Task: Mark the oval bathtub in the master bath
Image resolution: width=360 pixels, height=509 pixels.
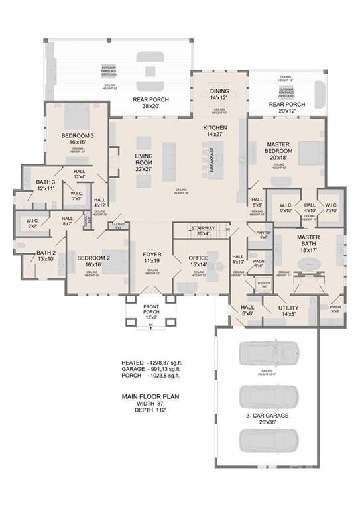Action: [x=308, y=264]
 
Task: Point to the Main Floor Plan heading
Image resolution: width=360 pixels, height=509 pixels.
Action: [x=151, y=397]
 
